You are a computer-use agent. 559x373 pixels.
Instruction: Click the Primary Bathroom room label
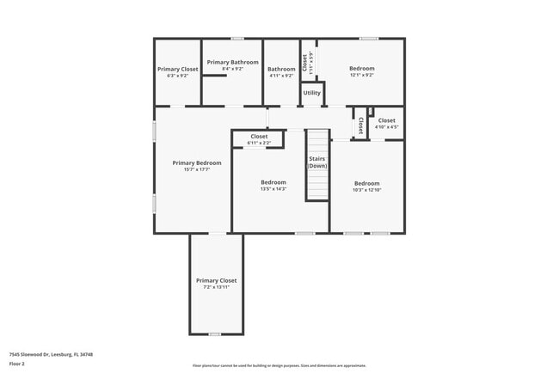[232, 63]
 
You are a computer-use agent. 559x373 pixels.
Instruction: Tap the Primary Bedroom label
[196, 162]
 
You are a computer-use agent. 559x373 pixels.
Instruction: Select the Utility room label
[312, 93]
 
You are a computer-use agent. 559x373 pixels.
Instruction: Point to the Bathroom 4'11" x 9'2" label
[280, 69]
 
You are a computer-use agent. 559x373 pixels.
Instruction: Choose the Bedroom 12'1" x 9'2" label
[361, 68]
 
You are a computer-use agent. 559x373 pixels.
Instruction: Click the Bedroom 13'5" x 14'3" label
[273, 182]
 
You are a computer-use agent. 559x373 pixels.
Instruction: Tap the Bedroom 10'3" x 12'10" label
[367, 183]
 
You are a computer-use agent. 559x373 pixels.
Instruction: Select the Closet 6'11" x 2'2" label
[259, 136]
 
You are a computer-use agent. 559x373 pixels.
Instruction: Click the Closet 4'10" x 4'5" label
[386, 121]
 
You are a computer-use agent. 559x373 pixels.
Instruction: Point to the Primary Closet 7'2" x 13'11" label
[216, 280]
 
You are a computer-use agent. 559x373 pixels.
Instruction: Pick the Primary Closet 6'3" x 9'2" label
[177, 69]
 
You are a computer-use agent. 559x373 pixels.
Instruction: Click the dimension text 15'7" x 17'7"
[196, 170]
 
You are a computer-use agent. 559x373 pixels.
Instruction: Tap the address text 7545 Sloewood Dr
[51, 354]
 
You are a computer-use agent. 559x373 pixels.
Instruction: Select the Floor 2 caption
[17, 364]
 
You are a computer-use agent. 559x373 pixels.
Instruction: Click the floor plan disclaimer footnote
[279, 365]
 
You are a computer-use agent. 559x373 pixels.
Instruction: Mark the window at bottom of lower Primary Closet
[215, 333]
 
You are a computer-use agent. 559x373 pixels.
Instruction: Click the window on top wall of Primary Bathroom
[236, 39]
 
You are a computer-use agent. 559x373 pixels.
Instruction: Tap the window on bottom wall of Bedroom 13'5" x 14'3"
[304, 233]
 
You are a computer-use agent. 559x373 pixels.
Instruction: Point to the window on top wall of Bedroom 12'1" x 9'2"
[369, 39]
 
